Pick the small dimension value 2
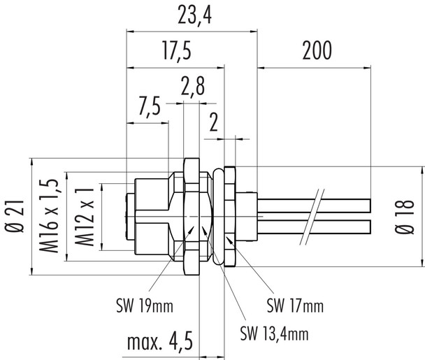pyautogui.click(x=214, y=124)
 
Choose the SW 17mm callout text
pyautogui.click(x=295, y=305)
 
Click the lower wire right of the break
pyautogui.click(x=346, y=226)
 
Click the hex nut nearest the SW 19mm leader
pyautogui.click(x=191, y=217)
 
